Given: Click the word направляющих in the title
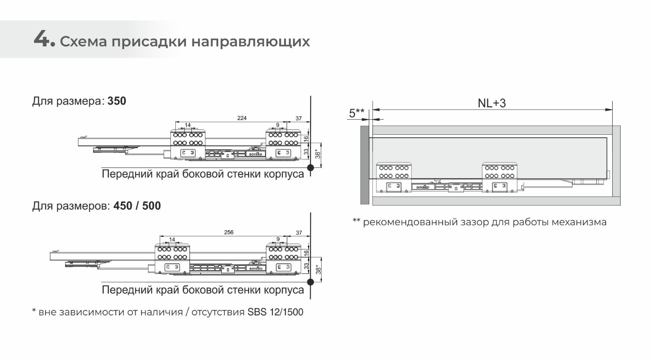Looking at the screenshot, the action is tap(250, 42).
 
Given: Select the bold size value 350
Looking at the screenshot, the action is tap(117, 101).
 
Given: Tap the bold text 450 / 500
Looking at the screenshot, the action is tap(137, 206).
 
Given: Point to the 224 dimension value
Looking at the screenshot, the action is tap(242, 118).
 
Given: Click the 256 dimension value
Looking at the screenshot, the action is tap(229, 232).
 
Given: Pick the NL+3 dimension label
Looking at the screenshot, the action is tap(492, 103).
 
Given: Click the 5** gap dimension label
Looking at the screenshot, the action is tap(356, 113).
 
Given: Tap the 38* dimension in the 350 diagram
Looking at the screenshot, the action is tap(318, 154).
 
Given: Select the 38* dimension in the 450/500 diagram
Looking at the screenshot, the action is tap(318, 269).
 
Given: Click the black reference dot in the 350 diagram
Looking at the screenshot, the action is tap(311, 167).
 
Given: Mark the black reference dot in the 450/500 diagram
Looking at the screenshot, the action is tap(311, 282).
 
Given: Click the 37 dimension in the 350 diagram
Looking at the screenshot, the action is tap(299, 118).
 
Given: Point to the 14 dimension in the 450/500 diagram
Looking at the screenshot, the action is tap(172, 239).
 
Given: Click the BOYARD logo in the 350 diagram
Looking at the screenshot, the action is tap(256, 154).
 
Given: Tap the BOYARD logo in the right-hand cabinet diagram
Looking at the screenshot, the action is tap(423, 187).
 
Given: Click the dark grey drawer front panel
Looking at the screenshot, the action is tap(364, 165).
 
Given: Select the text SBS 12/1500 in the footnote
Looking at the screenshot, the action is tap(275, 312).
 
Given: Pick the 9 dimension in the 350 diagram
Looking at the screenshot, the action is tap(278, 125).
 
